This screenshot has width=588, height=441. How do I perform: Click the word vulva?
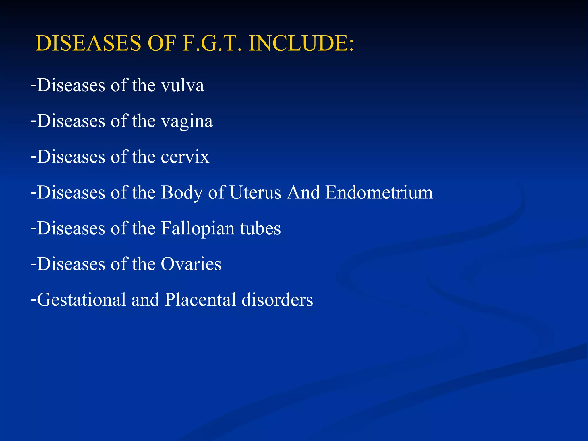click(x=182, y=85)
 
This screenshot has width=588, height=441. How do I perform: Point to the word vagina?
click(x=187, y=121)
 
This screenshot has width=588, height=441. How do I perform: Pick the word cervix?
click(x=185, y=157)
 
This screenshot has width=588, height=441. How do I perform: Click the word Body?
click(x=181, y=193)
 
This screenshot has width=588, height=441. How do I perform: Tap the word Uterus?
click(x=255, y=192)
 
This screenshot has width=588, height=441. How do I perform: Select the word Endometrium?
click(x=379, y=192)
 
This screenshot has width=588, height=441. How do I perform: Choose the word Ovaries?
click(x=191, y=264)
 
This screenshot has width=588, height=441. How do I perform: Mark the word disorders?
click(x=277, y=300)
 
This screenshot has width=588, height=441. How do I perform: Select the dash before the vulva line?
click(x=34, y=85)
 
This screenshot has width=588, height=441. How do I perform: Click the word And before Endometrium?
click(x=303, y=192)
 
